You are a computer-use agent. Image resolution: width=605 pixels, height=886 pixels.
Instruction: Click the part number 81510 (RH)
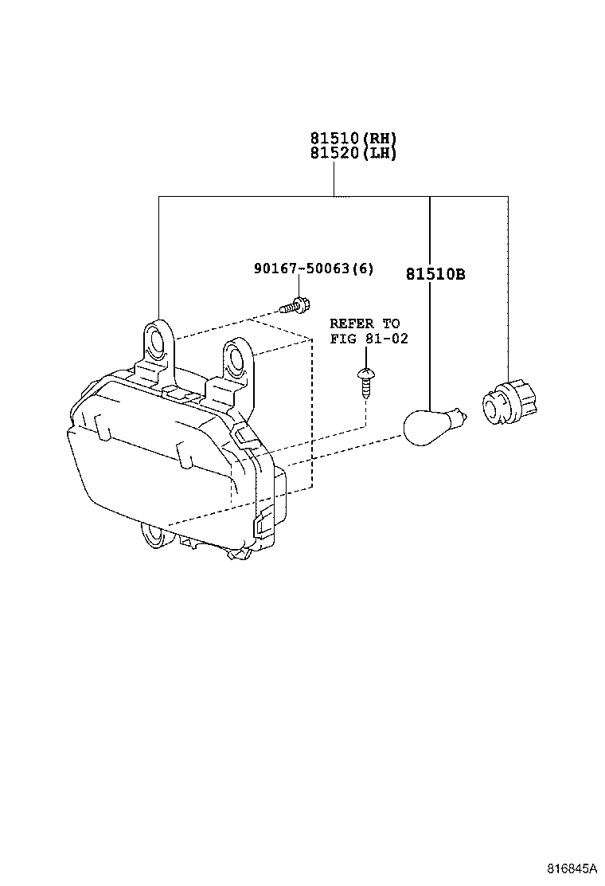tap(353, 138)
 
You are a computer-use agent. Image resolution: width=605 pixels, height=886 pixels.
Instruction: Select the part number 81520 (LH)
tap(353, 153)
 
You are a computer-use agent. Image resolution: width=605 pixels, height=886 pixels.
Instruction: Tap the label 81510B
tap(435, 275)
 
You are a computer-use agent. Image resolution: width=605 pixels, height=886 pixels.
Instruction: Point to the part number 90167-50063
tap(302, 269)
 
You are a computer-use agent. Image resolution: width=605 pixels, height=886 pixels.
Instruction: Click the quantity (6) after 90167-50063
tap(362, 269)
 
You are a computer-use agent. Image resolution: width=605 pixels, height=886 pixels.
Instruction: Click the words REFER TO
tap(365, 323)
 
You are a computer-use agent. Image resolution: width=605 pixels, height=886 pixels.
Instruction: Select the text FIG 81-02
tap(369, 339)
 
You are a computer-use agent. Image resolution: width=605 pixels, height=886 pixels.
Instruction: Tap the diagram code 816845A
tap(571, 868)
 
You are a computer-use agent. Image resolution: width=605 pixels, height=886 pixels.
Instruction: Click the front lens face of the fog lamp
tap(150, 477)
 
